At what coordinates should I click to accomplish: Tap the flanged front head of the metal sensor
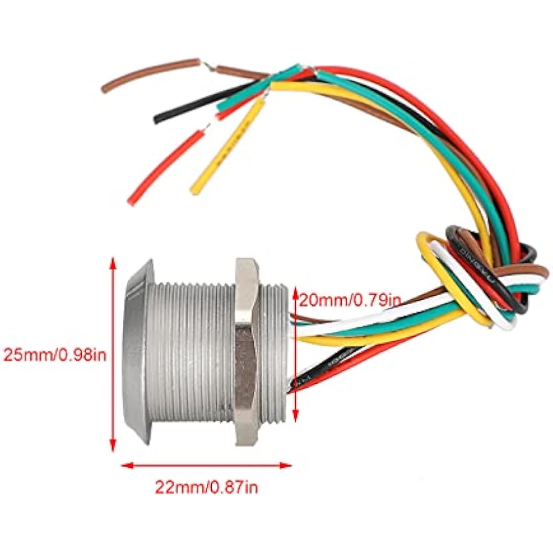click(x=137, y=352)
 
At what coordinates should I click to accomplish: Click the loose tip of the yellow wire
click(x=195, y=189)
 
